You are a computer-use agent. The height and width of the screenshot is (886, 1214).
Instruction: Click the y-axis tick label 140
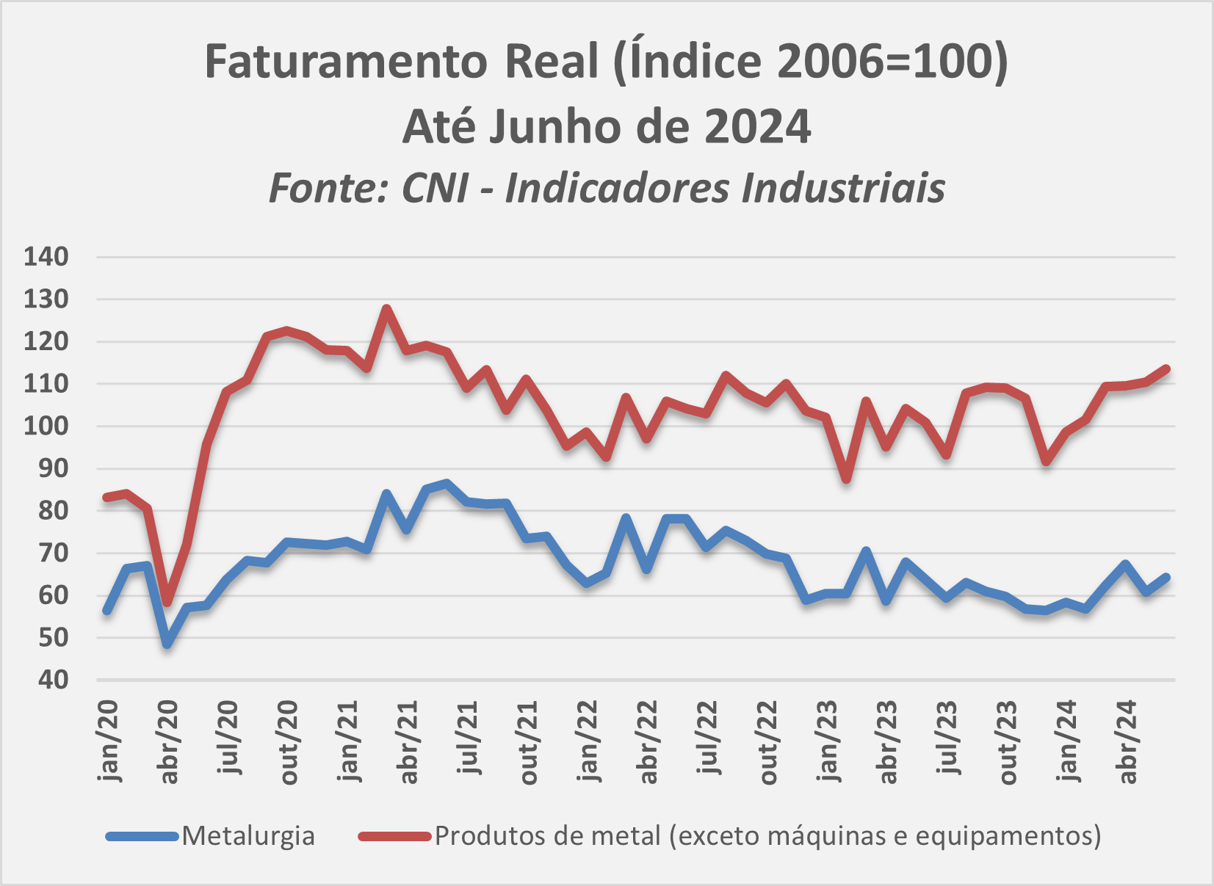click(x=46, y=257)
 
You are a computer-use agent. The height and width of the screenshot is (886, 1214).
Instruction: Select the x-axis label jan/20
click(x=108, y=741)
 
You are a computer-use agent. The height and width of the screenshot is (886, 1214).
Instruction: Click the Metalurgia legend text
click(x=248, y=835)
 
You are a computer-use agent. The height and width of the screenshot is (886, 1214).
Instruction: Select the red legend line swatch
click(x=394, y=835)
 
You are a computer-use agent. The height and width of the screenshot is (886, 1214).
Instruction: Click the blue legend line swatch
click(x=142, y=835)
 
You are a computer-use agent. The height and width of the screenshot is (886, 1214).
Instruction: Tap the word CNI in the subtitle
click(x=435, y=188)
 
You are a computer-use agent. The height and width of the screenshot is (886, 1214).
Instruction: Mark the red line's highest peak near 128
click(x=387, y=308)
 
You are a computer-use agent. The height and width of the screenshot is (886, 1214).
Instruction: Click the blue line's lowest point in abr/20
click(x=167, y=644)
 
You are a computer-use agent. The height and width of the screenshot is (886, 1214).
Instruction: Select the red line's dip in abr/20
click(x=167, y=602)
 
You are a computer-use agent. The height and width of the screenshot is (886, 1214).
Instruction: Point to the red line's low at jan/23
click(x=847, y=479)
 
